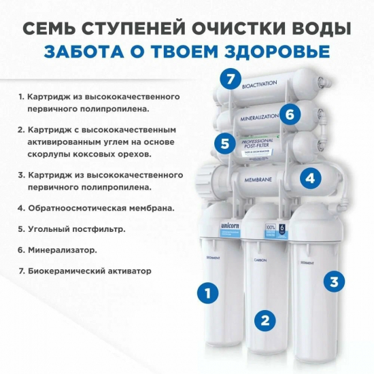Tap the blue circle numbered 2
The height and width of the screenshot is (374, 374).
(x=266, y=319)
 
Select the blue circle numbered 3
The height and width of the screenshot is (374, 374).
(x=333, y=281)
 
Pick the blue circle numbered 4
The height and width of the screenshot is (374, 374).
(x=310, y=178)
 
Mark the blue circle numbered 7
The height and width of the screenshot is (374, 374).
(x=231, y=80)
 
